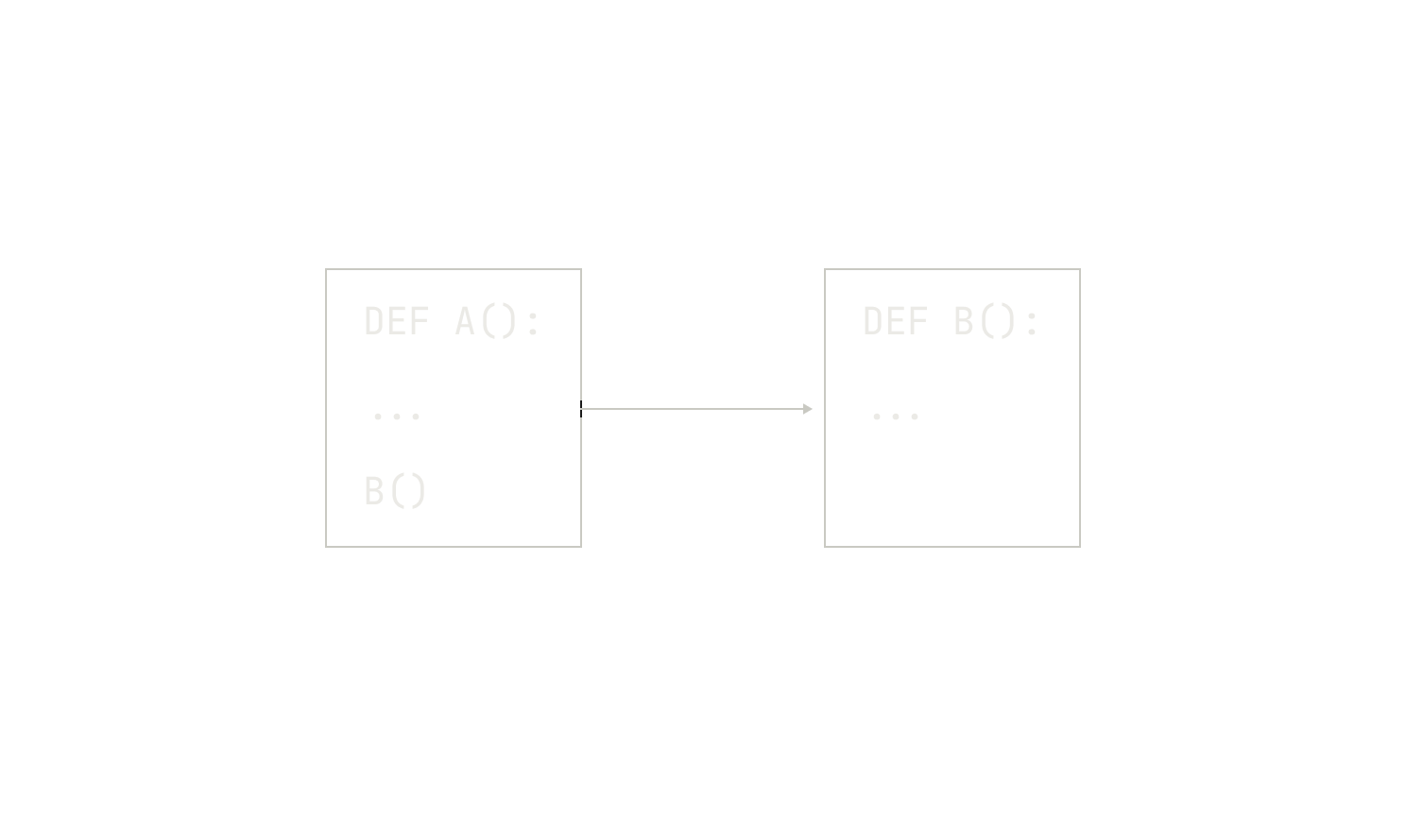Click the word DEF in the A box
coord(397,321)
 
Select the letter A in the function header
coord(465,321)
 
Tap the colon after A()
coord(534,323)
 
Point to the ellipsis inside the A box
coord(397,416)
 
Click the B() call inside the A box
coord(395,490)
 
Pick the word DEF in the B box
coord(896,321)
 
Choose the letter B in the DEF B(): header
coord(964,321)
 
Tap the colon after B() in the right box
coord(1033,323)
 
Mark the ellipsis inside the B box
coord(896,416)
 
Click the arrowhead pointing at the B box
coord(808,409)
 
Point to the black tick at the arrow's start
coord(581,409)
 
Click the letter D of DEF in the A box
coord(374,321)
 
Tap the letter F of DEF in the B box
coord(919,321)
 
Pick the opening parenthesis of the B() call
coord(397,491)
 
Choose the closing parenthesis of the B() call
coord(420,491)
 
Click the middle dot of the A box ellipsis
coord(397,416)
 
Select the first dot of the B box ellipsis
coord(877,416)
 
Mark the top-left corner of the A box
coord(326,269)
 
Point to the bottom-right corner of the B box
coord(1080,547)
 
